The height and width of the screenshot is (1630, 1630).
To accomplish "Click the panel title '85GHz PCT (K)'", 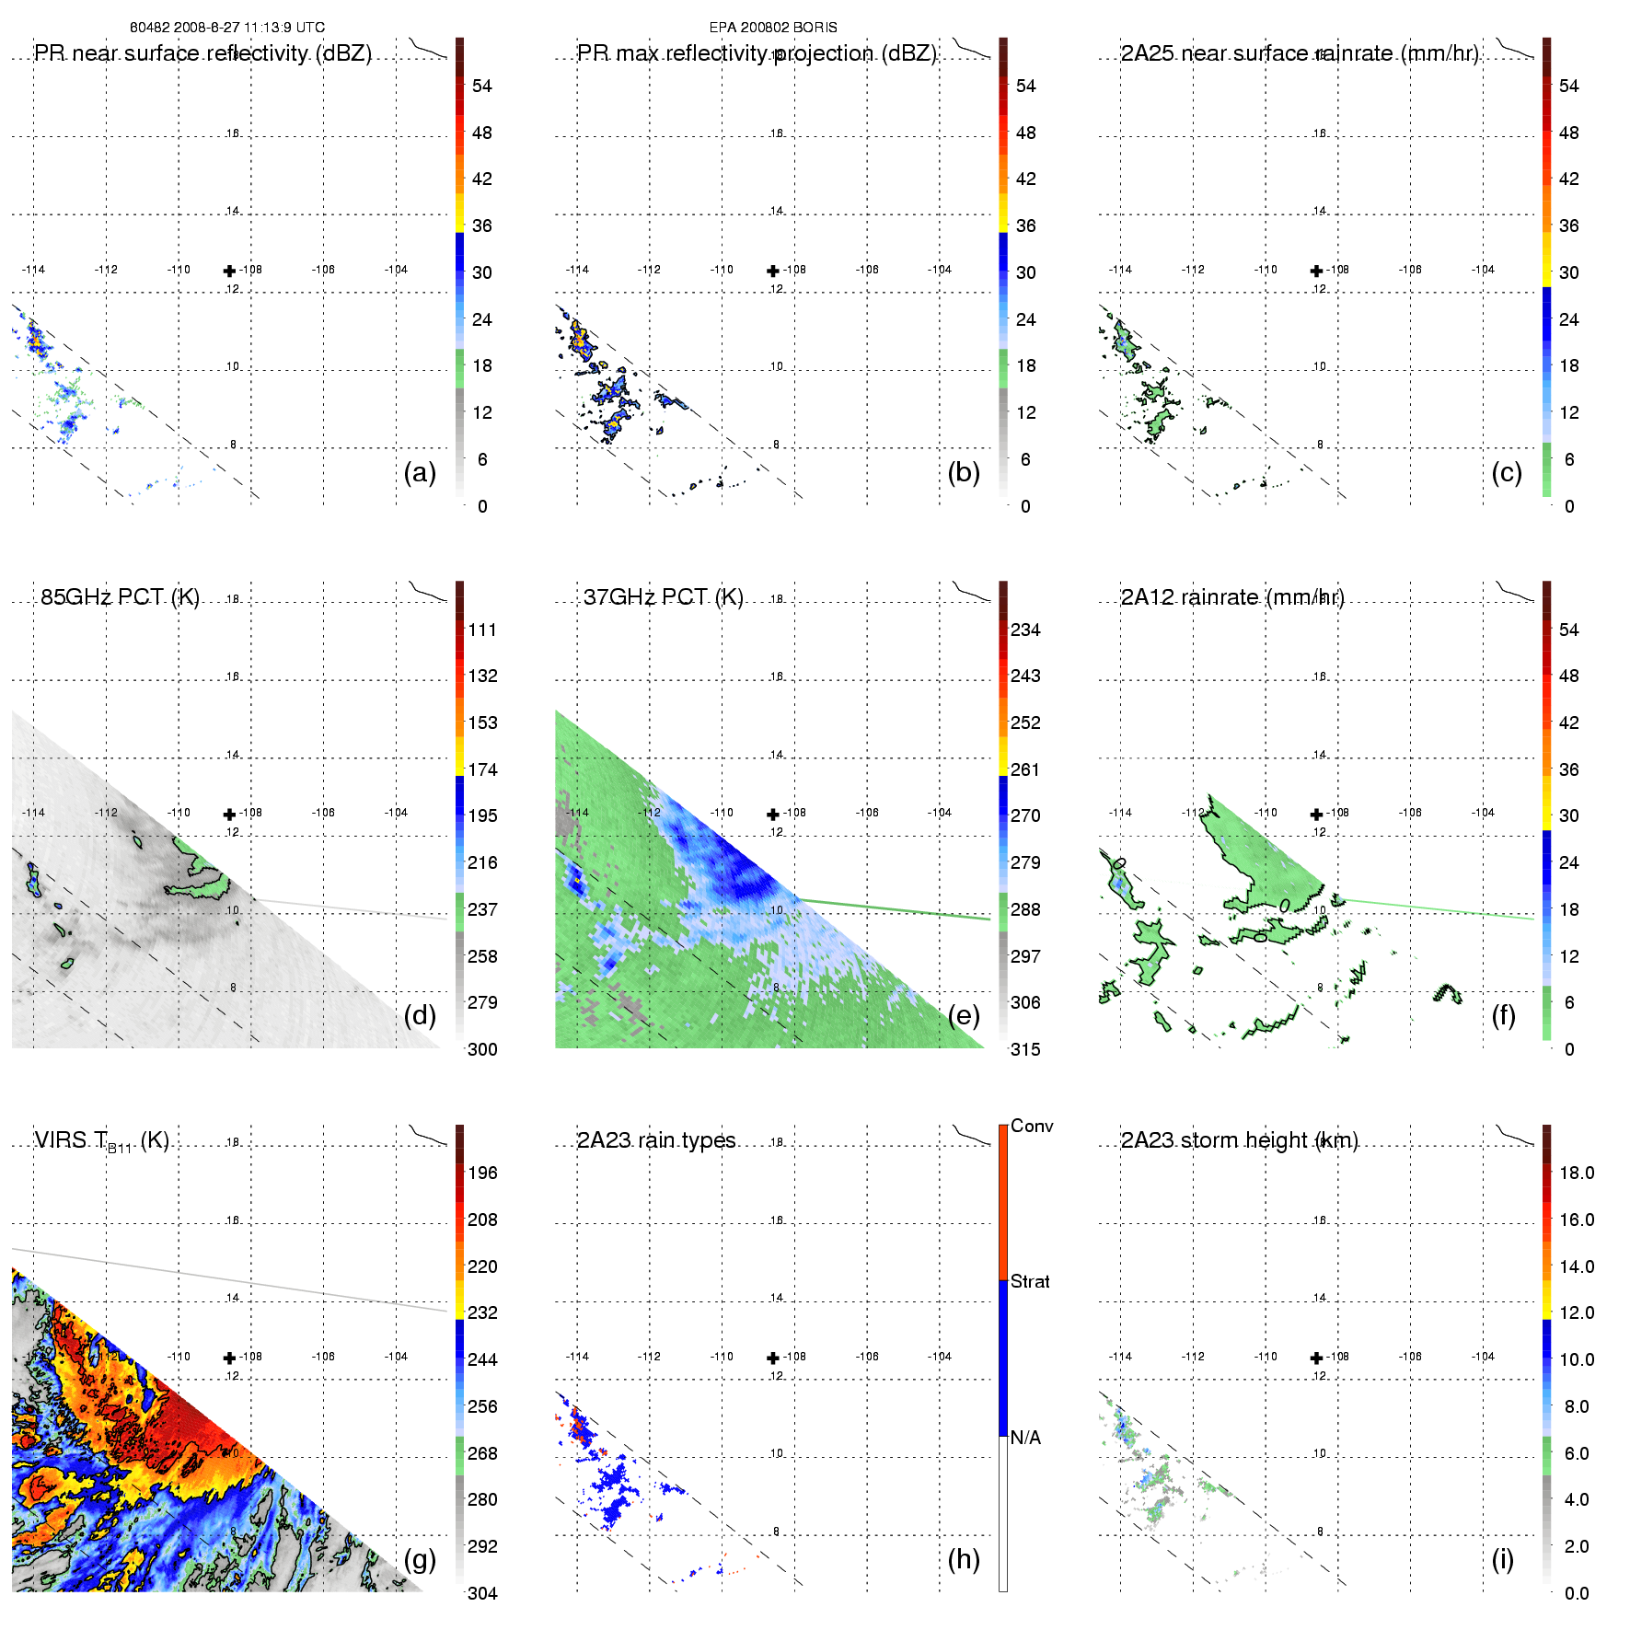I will pos(120,597).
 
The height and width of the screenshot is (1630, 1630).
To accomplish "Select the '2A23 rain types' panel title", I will pos(656,1140).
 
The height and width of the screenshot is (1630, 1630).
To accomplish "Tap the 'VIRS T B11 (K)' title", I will pos(101,1141).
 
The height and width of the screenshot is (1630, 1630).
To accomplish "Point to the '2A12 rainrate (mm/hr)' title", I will pos(1232,597).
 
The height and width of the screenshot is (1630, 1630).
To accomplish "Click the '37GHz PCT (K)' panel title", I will pos(663,597).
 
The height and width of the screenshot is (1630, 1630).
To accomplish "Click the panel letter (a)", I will pos(420,472).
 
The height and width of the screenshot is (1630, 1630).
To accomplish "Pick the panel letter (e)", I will pos(964,1015).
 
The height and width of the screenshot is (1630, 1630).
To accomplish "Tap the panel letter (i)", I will pos(1503,1559).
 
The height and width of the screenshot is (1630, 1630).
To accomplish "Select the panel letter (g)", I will pos(420,1559).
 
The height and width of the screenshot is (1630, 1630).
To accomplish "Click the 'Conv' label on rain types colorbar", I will pos(1032,1126).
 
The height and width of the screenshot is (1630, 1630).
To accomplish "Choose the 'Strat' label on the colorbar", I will pos(1030,1281).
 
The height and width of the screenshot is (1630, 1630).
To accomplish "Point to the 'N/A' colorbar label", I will pos(1025,1438).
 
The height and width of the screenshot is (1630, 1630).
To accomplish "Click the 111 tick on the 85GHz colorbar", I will pos(482,630).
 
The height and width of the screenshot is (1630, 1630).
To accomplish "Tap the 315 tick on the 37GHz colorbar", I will pos(1025,1049).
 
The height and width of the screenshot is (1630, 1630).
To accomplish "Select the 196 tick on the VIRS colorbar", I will pos(482,1173).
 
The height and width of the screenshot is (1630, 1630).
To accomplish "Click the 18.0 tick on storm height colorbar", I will pos(1577,1173).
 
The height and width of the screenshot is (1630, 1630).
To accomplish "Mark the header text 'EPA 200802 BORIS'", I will pos(773,28).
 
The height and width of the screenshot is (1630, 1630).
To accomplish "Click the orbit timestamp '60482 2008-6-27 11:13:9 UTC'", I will pos(227,28).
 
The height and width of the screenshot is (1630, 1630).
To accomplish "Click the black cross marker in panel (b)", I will pos(773,271).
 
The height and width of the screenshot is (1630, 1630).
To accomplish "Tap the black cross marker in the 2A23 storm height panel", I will pos(1316,1358).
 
